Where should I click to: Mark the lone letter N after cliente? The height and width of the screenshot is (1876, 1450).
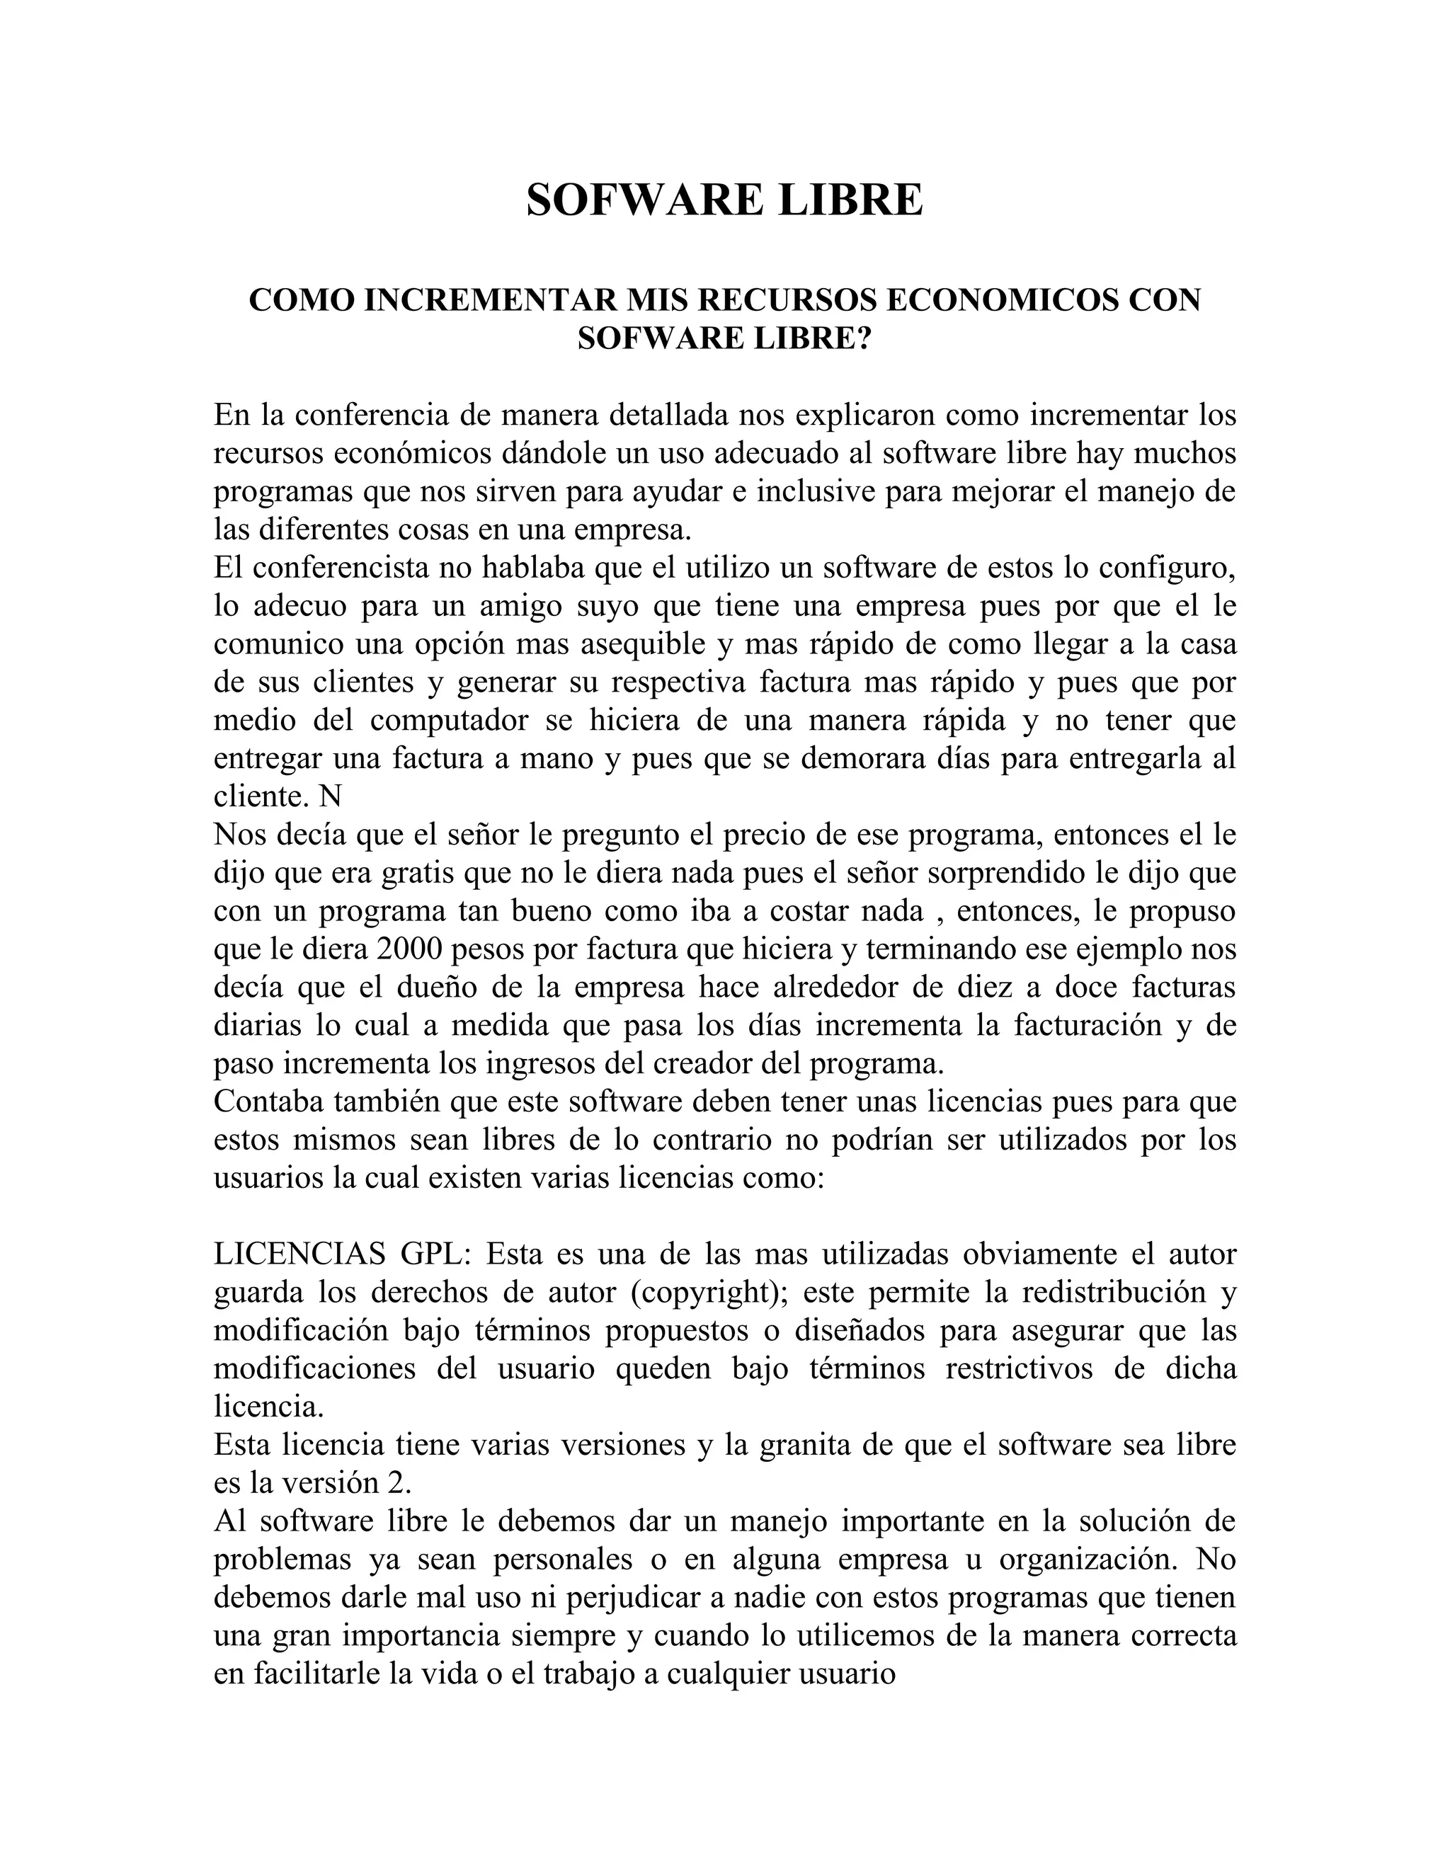[331, 797]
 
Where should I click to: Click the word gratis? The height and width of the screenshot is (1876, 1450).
[416, 874]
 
